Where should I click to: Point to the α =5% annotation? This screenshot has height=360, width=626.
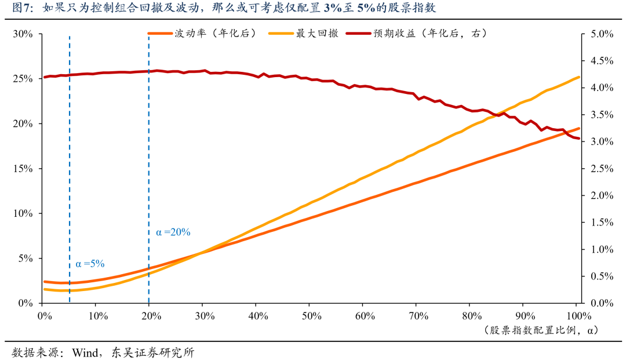point(90,264)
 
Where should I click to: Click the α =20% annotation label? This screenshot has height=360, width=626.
point(173,232)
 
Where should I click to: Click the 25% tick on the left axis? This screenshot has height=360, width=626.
point(24,79)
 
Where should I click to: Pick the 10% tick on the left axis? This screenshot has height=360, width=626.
point(24,213)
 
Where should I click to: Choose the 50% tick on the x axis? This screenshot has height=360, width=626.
point(311,316)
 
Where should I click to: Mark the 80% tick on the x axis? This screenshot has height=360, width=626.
point(471,316)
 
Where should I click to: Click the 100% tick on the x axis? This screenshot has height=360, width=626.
point(578,316)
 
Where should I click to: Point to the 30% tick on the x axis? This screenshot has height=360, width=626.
point(204,316)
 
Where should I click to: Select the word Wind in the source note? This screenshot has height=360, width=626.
point(85,352)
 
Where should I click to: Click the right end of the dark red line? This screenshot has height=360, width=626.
point(578,138)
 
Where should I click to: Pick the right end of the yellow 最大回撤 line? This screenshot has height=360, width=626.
point(578,77)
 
